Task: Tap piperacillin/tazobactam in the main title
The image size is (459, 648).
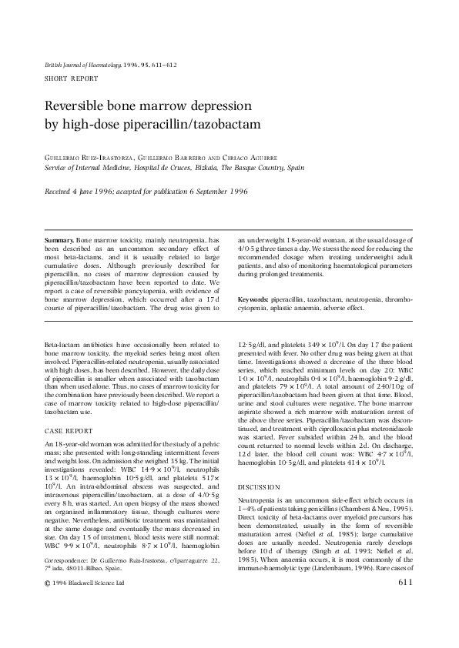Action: click(206, 123)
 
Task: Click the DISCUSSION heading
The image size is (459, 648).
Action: click(260, 488)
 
